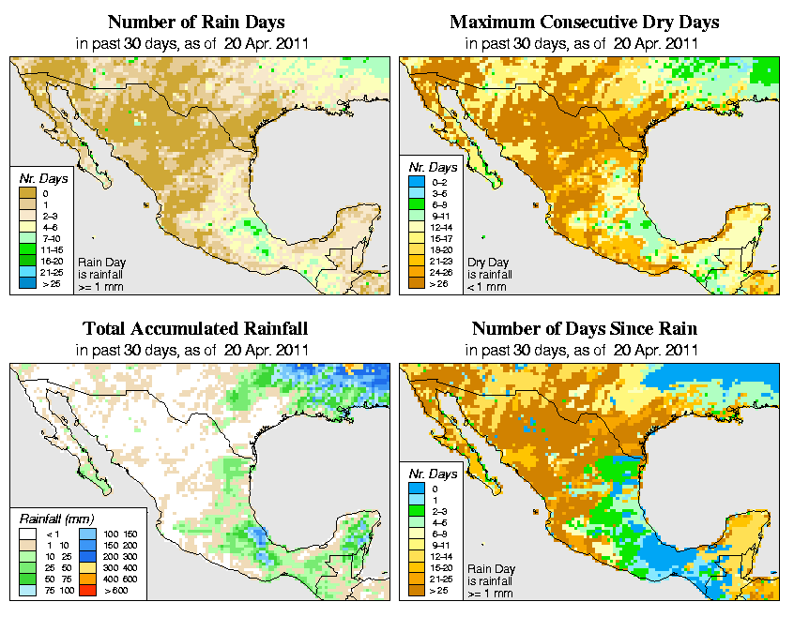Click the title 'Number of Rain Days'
click(195, 22)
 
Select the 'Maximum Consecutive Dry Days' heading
click(585, 22)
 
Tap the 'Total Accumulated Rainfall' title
click(195, 329)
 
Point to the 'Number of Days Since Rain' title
click(585, 329)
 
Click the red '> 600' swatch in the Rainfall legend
click(84, 591)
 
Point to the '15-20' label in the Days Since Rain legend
click(437, 566)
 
